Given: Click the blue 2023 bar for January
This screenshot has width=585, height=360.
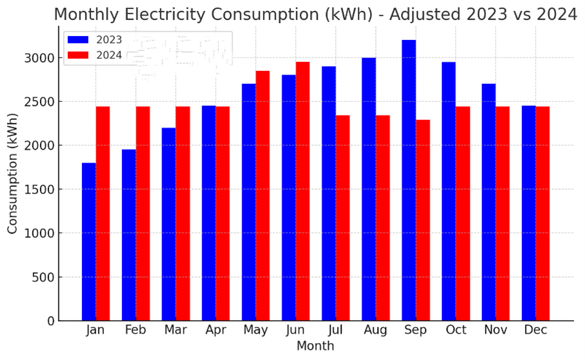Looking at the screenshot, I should point(89,242).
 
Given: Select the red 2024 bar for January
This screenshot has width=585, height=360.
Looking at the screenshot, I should point(103,214).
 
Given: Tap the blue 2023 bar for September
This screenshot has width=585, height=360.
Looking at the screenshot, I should point(409,181).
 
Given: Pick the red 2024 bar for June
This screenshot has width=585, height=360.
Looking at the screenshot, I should point(302,191).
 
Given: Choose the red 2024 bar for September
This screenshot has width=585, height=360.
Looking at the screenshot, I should point(423,220).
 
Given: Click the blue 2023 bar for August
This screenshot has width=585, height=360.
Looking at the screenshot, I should point(369,189).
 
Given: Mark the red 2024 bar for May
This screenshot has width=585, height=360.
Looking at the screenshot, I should point(263,195).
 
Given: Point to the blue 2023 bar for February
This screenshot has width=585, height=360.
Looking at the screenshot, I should point(129,235).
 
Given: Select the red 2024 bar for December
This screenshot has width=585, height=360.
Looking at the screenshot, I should point(542,214).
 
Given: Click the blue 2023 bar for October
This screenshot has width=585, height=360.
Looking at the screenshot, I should point(449,191).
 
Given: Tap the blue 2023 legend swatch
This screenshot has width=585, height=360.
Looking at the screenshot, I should point(78,40).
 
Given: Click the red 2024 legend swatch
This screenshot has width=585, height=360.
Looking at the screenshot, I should point(78,55).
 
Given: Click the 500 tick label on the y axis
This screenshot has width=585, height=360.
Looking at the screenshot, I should point(45,277).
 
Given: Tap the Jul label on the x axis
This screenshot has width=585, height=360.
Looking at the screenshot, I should point(336,330).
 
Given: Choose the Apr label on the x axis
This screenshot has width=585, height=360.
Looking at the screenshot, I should point(216,330).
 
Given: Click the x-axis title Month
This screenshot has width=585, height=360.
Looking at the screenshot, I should point(315,346).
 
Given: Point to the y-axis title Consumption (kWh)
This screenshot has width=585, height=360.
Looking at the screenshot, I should point(13,173).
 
